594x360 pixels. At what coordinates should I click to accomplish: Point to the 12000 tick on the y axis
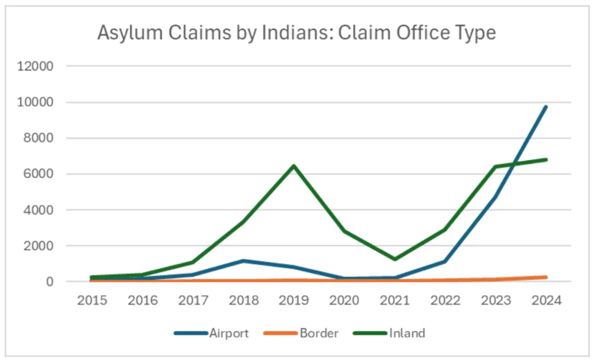[35, 66]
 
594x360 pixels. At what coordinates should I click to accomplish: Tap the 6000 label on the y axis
[38, 174]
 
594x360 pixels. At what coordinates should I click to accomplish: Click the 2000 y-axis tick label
[38, 246]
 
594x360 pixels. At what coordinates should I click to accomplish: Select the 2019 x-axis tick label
[294, 301]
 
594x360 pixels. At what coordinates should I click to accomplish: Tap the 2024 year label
[546, 301]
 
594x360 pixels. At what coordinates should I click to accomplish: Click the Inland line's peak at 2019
[294, 166]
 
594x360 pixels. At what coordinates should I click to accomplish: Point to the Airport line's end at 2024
[546, 107]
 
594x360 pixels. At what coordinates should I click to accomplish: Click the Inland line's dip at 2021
[395, 259]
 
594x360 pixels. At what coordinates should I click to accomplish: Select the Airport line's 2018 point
[244, 261]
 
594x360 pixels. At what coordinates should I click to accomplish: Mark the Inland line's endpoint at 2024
[546, 160]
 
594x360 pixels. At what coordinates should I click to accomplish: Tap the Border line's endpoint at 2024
[546, 277]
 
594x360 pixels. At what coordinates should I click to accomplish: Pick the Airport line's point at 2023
[496, 197]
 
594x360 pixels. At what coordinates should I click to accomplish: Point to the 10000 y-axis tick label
[35, 102]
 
